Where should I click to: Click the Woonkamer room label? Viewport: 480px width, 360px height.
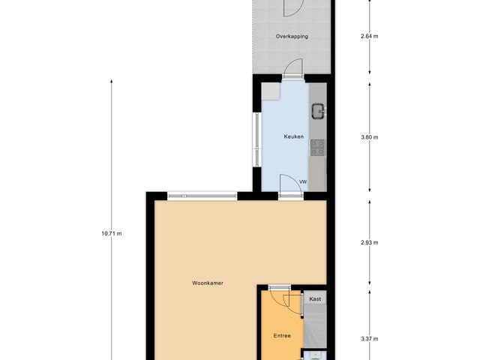[x=208, y=283]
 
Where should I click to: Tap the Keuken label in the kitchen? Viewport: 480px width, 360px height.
[x=293, y=136]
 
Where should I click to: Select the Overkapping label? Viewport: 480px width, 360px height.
[x=292, y=36]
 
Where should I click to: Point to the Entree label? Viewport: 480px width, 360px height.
[x=281, y=335]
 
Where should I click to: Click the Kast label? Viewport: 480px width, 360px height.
[x=315, y=298]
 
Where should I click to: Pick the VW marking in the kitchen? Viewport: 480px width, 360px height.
[x=303, y=182]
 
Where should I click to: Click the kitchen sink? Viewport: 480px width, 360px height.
[x=318, y=111]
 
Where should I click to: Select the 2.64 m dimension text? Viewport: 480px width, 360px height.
[x=370, y=36]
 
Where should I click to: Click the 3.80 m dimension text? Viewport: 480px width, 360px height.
[x=370, y=137]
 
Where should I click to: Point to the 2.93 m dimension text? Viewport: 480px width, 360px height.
[x=370, y=243]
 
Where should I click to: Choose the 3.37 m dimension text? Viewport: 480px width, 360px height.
[x=370, y=338]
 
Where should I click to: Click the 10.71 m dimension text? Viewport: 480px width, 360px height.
[x=112, y=233]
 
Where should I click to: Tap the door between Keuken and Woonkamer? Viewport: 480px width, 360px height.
[x=289, y=187]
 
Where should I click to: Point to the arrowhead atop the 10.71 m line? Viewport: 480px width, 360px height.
[x=112, y=81]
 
